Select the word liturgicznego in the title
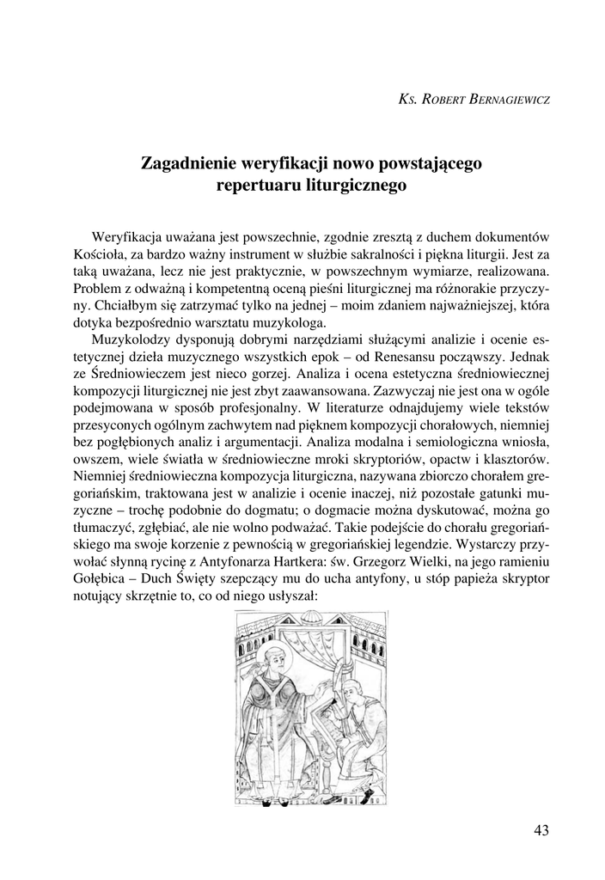click(357, 183)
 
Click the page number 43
click(541, 829)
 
